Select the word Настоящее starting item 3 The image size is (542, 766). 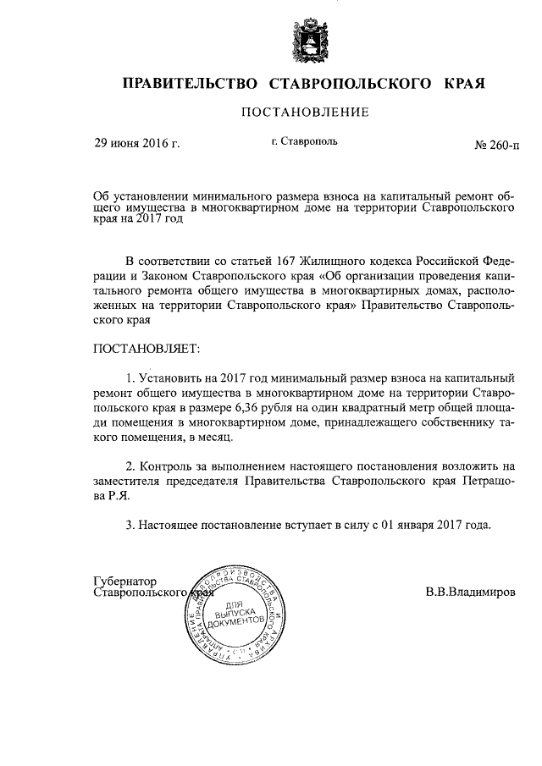167,526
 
